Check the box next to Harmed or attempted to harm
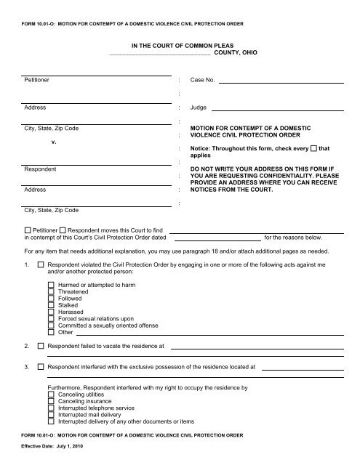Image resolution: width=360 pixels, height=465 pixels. tap(50, 284)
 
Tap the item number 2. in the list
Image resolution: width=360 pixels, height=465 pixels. tap(27, 346)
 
